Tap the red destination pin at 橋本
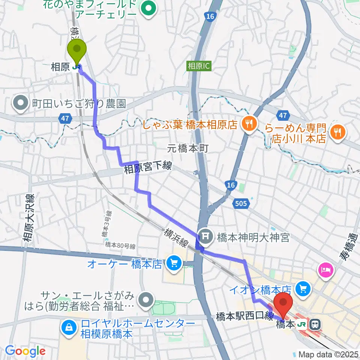pos(283,303)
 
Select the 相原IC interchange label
pos(199,66)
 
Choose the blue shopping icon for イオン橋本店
pos(303,288)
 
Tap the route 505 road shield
pos(241,204)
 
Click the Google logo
pos(25,351)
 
